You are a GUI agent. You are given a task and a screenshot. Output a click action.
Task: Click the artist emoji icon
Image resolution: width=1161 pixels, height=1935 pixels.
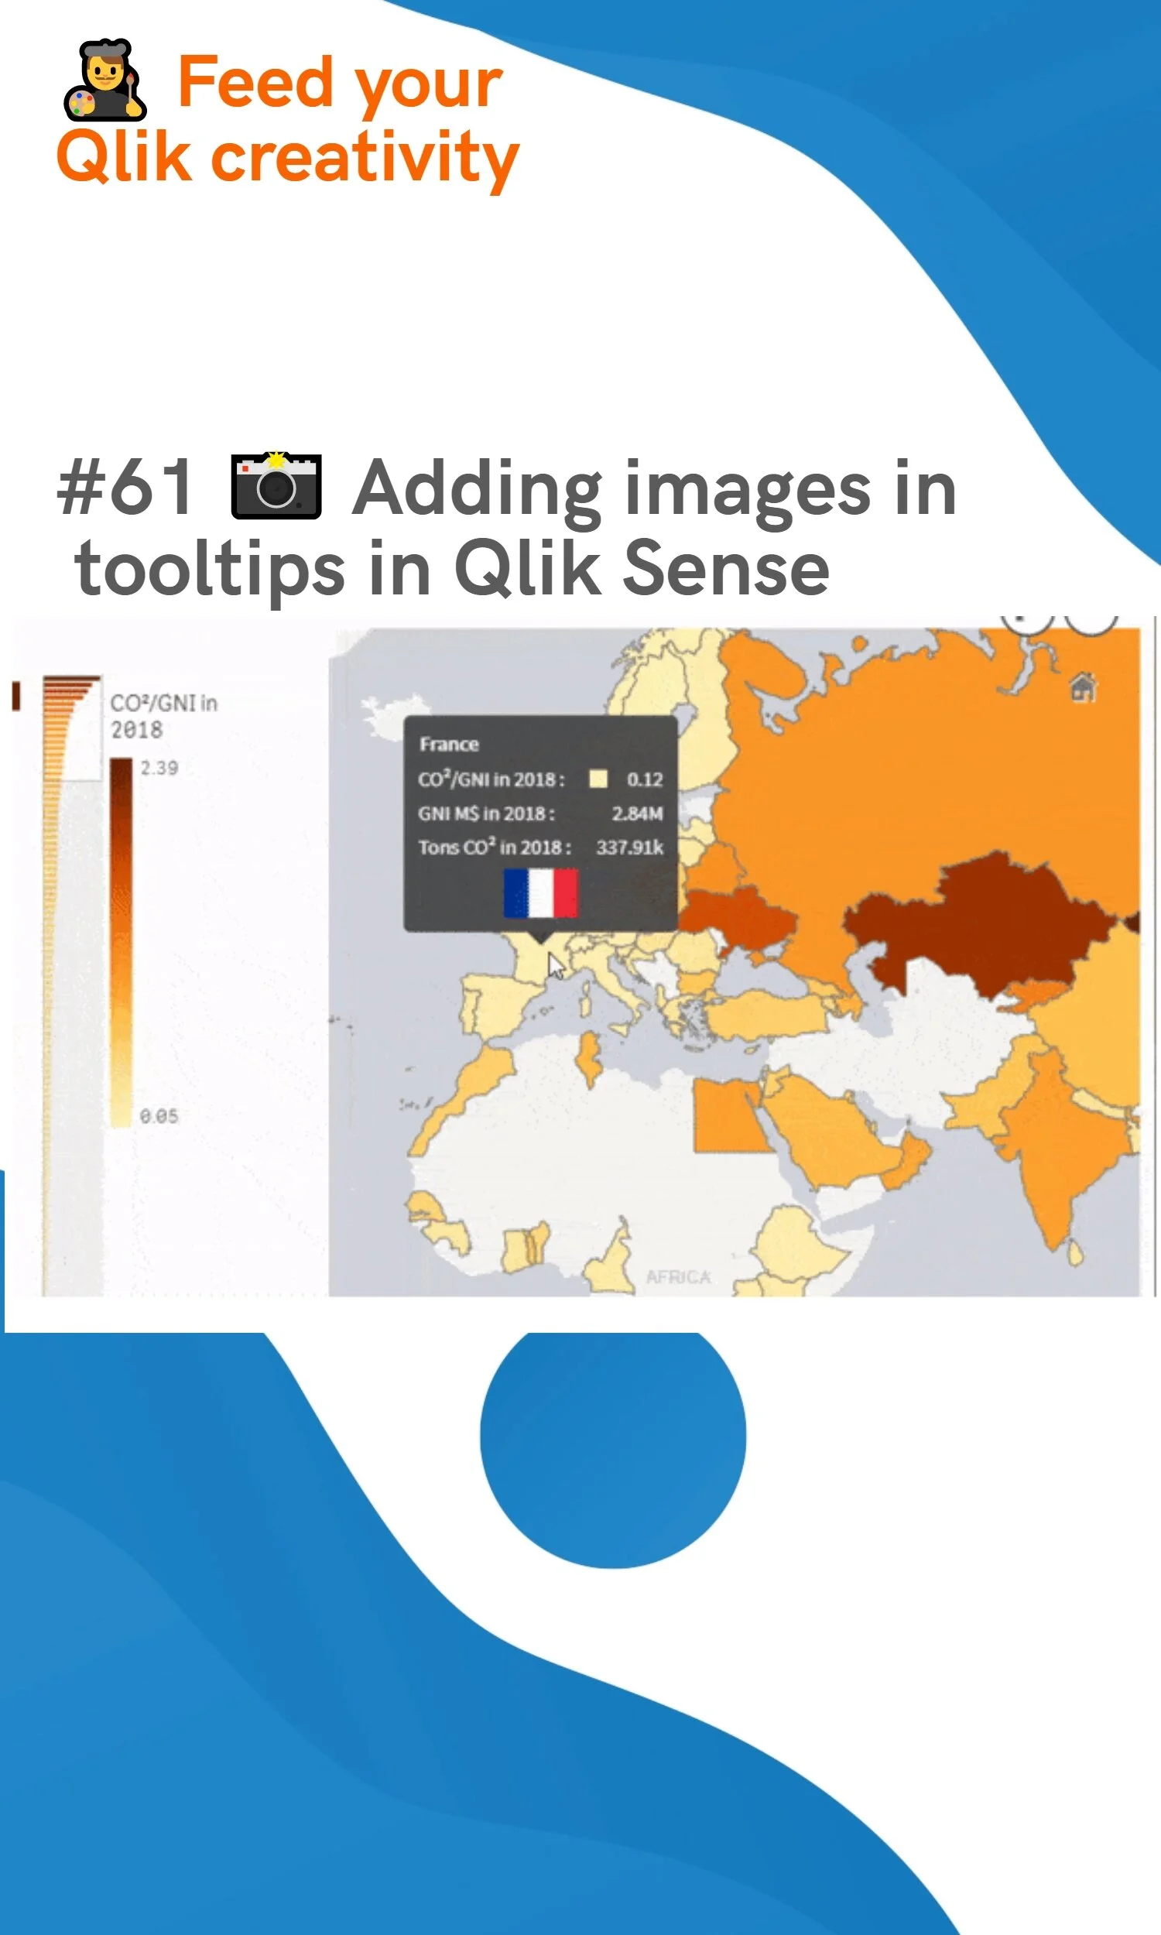104,80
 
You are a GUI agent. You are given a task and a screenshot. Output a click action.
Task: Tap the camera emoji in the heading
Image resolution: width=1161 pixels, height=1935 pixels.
276,486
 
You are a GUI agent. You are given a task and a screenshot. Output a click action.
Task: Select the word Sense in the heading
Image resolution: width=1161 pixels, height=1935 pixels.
725,568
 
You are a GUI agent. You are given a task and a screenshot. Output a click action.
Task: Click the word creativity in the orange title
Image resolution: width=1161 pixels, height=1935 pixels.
365,158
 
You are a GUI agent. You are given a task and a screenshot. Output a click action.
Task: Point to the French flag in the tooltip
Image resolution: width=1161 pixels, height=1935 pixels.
540,892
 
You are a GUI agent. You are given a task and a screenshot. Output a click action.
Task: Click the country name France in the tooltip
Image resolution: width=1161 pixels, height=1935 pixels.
449,744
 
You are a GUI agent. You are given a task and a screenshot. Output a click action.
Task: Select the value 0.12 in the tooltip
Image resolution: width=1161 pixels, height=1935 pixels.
645,779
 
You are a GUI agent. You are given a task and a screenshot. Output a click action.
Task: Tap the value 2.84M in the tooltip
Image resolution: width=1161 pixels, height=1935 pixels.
637,813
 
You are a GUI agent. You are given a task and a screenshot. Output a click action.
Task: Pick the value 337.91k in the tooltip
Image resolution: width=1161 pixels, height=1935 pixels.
630,847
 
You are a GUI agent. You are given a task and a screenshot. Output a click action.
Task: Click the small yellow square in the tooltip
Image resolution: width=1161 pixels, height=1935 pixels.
598,778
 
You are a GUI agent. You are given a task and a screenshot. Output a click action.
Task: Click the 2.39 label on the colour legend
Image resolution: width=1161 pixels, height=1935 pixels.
159,768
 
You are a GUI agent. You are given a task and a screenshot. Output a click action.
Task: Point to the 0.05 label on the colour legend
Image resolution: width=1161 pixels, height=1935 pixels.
159,1116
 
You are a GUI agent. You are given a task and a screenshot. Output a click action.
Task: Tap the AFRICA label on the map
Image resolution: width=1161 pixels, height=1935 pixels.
678,1276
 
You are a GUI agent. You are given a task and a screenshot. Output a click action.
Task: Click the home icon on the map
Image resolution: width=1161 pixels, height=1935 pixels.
1083,687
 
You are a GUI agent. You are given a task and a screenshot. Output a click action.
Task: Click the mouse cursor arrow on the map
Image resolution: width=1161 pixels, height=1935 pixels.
556,965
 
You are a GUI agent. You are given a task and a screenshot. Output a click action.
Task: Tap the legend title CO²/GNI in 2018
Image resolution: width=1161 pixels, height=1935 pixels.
163,716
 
